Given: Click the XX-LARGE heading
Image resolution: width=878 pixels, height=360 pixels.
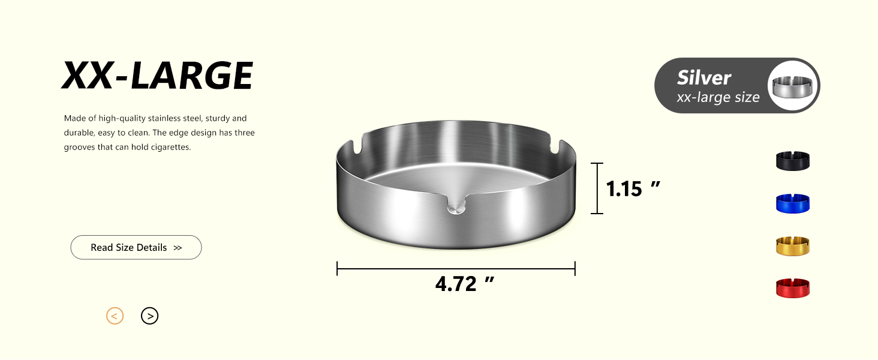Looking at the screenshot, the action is click(x=157, y=76).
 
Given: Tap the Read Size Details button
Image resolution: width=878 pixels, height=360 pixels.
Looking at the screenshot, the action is click(x=136, y=247).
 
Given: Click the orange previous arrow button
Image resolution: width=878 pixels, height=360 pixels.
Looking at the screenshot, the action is click(x=115, y=316).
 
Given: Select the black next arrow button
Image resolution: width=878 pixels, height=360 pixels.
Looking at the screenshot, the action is click(x=150, y=316).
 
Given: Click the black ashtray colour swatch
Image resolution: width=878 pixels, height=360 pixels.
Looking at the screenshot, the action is click(x=793, y=161).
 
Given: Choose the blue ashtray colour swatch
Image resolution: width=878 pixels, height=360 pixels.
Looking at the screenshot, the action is click(x=793, y=203).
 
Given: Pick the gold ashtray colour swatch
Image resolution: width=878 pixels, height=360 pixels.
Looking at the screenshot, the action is click(x=793, y=246).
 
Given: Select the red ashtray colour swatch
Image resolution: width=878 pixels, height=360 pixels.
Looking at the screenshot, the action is click(x=793, y=288).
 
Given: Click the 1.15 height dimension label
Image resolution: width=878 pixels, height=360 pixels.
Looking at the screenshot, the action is click(x=633, y=188).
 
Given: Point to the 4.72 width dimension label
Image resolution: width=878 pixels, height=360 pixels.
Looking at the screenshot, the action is click(x=464, y=284).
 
